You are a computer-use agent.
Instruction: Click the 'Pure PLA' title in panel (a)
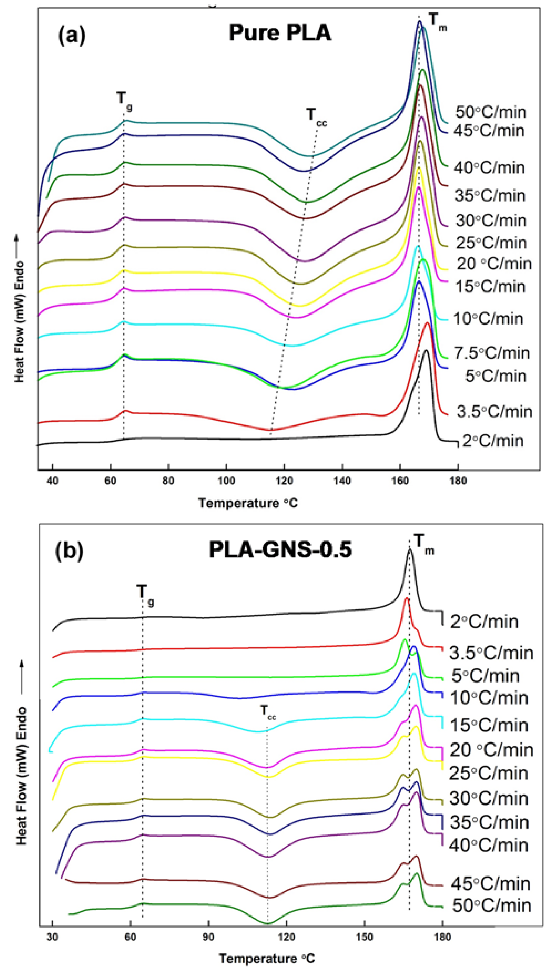click(280, 33)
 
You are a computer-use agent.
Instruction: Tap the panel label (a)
click(72, 35)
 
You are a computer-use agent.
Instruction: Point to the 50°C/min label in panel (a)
click(491, 112)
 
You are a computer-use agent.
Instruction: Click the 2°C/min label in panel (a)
click(493, 441)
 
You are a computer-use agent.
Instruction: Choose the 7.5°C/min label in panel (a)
click(492, 353)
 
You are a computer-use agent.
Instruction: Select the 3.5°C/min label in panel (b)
click(491, 653)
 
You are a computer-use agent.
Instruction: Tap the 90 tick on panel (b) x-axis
click(208, 937)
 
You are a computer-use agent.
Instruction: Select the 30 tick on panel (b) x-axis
click(52, 937)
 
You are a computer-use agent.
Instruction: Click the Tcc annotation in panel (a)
click(316, 115)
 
